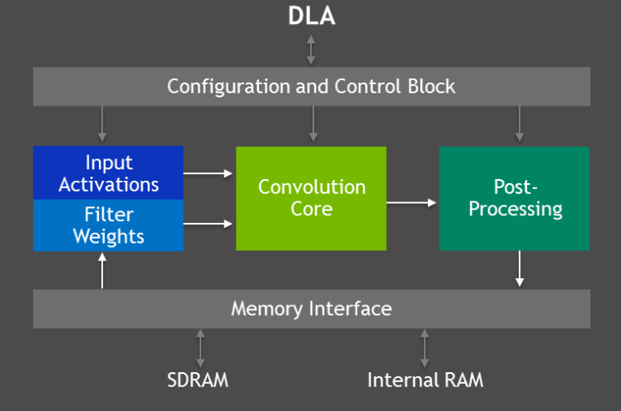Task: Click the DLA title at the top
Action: click(312, 17)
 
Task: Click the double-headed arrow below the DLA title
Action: click(311, 50)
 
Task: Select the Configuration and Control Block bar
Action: click(311, 87)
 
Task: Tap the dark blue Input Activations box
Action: click(108, 172)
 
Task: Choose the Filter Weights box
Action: click(108, 225)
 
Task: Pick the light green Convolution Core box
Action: click(311, 199)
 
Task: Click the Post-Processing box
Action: click(515, 199)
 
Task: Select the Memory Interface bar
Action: click(311, 309)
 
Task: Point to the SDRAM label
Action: click(198, 380)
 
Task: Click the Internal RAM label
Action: click(426, 380)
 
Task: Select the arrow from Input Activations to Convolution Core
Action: click(208, 173)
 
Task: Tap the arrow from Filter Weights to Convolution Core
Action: click(208, 224)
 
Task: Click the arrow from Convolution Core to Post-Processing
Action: click(412, 203)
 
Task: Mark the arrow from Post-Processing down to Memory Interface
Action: click(520, 269)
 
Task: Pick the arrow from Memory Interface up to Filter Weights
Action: click(102, 271)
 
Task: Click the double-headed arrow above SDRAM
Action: click(200, 348)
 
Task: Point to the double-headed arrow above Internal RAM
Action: click(425, 348)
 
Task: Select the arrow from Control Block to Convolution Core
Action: click(313, 124)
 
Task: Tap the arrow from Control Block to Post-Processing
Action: click(520, 124)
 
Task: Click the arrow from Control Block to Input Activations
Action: click(102, 124)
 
